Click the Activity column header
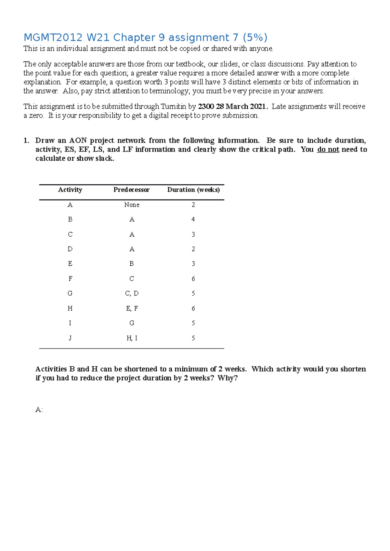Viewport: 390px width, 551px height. pyautogui.click(x=70, y=190)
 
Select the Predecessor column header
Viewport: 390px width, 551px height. pyautogui.click(x=131, y=190)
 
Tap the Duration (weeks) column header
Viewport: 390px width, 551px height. pyautogui.click(x=193, y=190)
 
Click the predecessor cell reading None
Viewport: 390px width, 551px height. pyautogui.click(x=132, y=205)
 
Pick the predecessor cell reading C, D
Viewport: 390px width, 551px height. pyautogui.click(x=132, y=293)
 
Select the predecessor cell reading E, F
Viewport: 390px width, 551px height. pyautogui.click(x=132, y=308)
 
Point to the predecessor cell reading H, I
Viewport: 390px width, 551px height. pyautogui.click(x=132, y=338)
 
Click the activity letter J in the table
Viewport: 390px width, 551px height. pyautogui.click(x=70, y=338)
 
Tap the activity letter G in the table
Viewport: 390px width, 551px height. pyautogui.click(x=70, y=293)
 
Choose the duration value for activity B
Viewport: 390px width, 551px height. pyautogui.click(x=193, y=219)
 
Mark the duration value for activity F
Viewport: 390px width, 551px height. pyautogui.click(x=193, y=279)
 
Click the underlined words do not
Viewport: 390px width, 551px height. pyautogui.click(x=328, y=150)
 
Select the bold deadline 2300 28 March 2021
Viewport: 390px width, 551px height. pyautogui.click(x=233, y=107)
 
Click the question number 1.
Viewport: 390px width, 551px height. pyautogui.click(x=26, y=141)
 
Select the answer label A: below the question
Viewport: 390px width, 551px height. pyautogui.click(x=39, y=410)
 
